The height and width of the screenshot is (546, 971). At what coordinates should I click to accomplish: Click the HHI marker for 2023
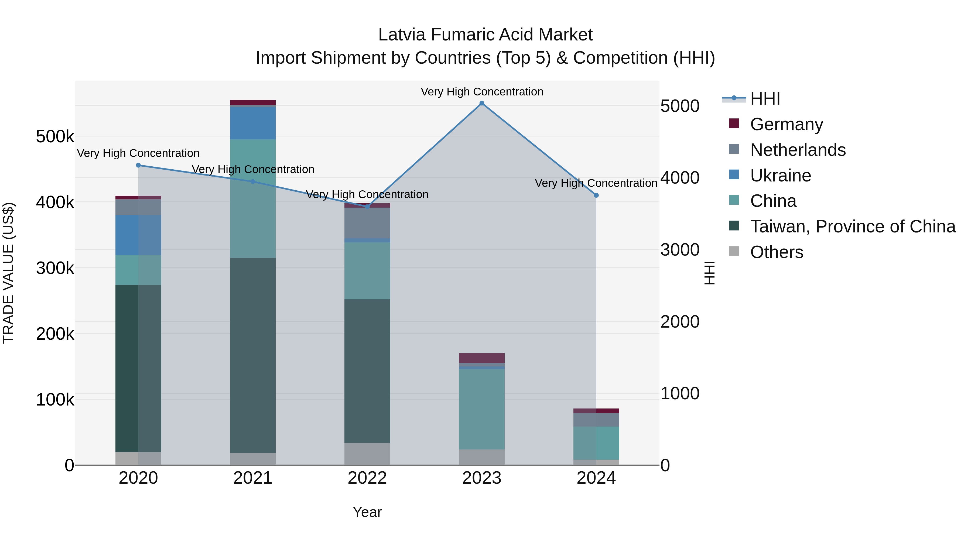(x=482, y=103)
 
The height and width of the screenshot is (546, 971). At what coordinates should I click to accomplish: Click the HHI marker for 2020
(x=138, y=165)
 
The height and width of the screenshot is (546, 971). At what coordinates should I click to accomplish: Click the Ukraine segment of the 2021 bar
(x=252, y=123)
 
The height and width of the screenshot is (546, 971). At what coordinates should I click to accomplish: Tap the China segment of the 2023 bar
(x=482, y=409)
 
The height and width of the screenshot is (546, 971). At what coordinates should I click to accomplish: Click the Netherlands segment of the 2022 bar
(x=367, y=223)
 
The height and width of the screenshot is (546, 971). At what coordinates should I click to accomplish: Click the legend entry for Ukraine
(x=780, y=176)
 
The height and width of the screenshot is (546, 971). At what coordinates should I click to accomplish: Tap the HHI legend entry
(x=765, y=99)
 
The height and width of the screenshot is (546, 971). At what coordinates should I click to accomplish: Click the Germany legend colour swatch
(x=734, y=123)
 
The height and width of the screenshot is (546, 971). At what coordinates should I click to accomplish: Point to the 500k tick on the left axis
(x=55, y=136)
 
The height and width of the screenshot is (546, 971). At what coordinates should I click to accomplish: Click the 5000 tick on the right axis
(x=680, y=106)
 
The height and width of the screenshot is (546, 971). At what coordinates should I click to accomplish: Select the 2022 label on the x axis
(x=367, y=478)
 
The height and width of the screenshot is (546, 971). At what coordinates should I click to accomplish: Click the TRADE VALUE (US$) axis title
(x=8, y=273)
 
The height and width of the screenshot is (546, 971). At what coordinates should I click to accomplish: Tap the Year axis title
(x=367, y=512)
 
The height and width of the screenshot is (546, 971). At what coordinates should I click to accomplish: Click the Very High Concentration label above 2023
(x=482, y=92)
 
